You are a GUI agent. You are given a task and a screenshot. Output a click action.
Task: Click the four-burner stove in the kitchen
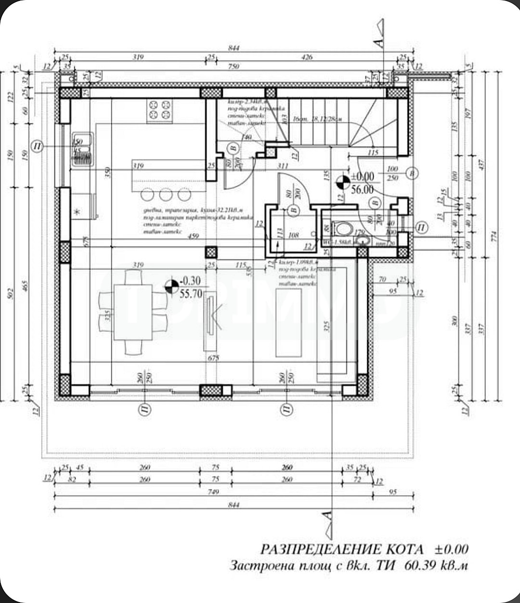tap(160, 110)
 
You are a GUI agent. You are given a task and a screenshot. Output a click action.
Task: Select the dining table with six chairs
tap(133, 312)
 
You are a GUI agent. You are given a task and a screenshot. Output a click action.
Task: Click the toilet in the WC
tap(344, 228)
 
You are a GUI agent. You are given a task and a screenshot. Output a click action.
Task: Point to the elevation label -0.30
tap(189, 281)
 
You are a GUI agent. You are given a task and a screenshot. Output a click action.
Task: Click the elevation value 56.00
tap(362, 190)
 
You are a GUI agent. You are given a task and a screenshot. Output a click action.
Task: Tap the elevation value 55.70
tap(190, 293)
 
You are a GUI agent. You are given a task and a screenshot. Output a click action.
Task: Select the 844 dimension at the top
tap(234, 48)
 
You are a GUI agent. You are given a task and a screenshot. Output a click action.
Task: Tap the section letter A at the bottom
tap(328, 515)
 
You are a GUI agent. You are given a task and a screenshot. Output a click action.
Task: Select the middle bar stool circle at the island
tap(165, 195)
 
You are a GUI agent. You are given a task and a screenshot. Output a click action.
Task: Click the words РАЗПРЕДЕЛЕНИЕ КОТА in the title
tap(342, 550)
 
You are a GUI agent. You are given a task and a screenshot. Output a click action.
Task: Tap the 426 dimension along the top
tap(306, 57)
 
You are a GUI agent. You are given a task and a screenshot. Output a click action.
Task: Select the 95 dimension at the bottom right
tap(392, 492)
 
